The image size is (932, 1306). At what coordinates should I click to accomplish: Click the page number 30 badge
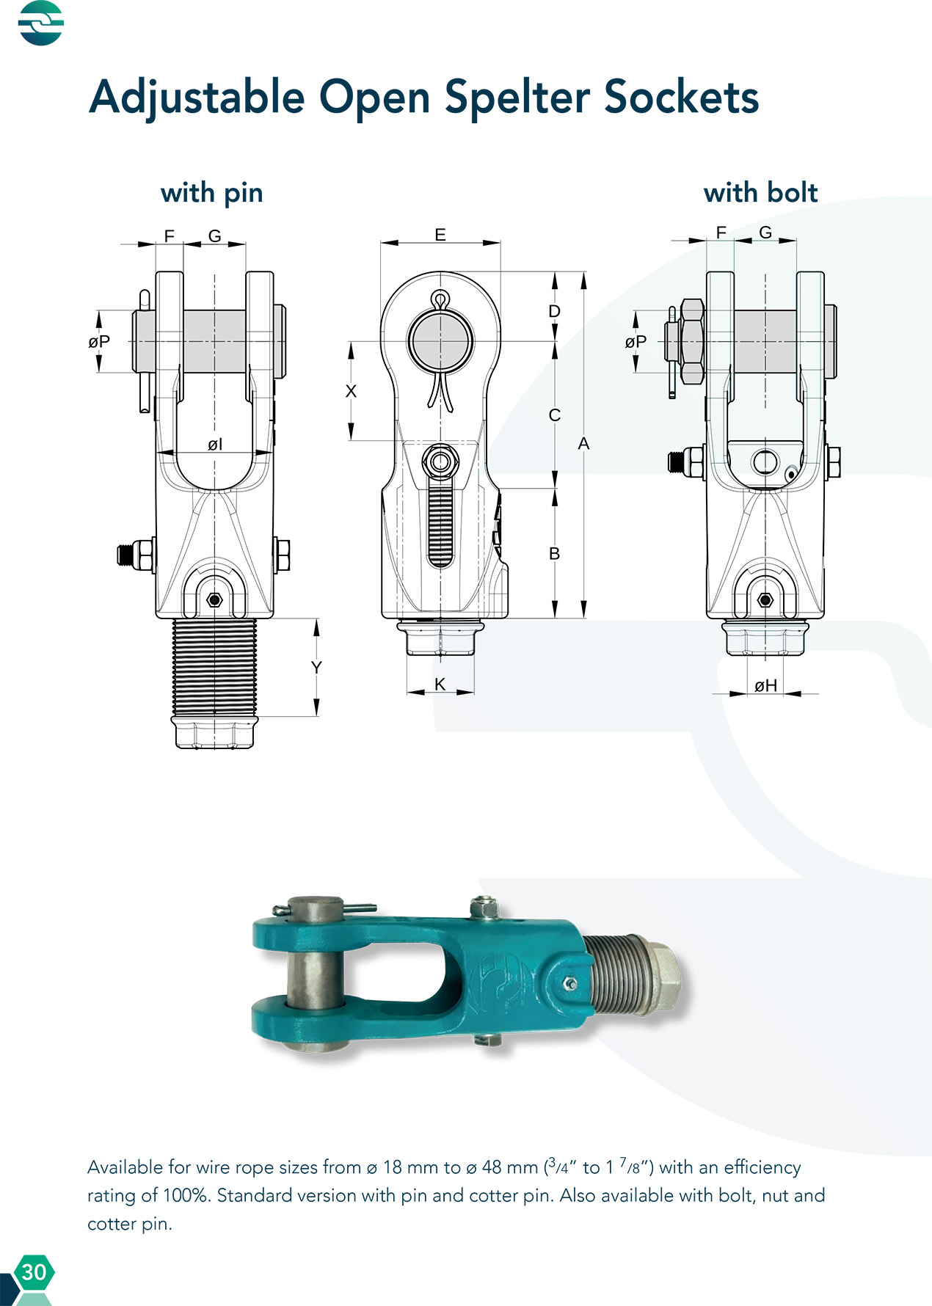pos(34,1272)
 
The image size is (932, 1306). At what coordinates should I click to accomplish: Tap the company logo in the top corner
pos(41,23)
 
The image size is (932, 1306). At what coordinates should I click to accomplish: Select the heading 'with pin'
pos(211,193)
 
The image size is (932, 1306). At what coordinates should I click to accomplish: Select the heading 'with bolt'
pos(760,192)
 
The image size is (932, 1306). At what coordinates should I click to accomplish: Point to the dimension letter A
pos(583,443)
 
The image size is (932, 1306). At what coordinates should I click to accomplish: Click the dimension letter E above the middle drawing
pos(440,235)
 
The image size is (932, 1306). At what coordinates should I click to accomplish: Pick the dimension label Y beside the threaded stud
pos(316,667)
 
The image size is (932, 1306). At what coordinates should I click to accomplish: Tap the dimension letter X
pos(351,391)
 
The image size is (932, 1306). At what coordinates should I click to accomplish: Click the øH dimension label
pos(765,685)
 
